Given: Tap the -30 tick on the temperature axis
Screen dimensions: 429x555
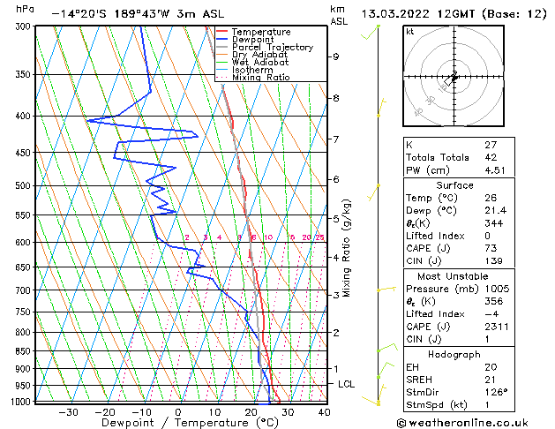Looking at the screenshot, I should click(68, 412).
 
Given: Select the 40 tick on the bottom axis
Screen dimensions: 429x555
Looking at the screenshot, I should click(324, 412).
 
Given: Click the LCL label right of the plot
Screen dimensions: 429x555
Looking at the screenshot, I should click(347, 385).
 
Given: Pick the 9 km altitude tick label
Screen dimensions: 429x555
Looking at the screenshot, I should click(336, 56).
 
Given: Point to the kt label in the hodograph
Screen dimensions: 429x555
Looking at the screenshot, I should click(410, 31).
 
